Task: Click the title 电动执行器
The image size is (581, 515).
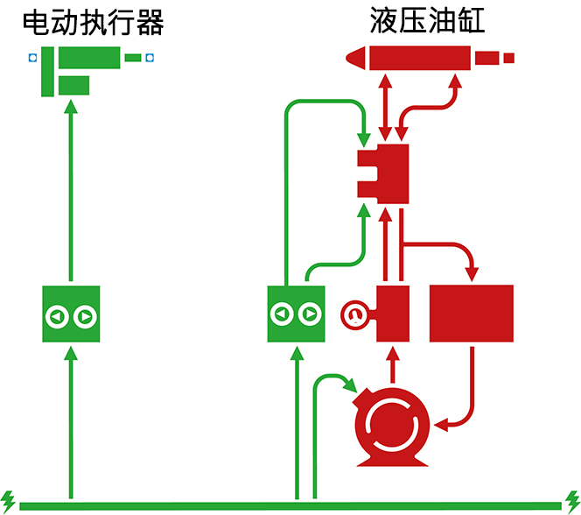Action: (93, 22)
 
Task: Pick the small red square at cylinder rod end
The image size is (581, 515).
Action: (509, 59)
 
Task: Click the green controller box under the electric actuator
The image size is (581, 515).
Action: (72, 314)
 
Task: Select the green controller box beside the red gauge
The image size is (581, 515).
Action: (296, 314)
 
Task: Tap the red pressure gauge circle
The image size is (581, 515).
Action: (353, 314)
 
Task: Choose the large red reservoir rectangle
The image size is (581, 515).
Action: (472, 314)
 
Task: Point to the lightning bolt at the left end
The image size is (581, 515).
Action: (9, 498)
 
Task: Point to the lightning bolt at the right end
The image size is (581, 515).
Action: (572, 498)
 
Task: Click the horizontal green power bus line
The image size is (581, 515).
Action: (289, 506)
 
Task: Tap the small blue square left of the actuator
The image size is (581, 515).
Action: (32, 59)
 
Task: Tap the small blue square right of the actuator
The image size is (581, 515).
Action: (150, 59)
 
